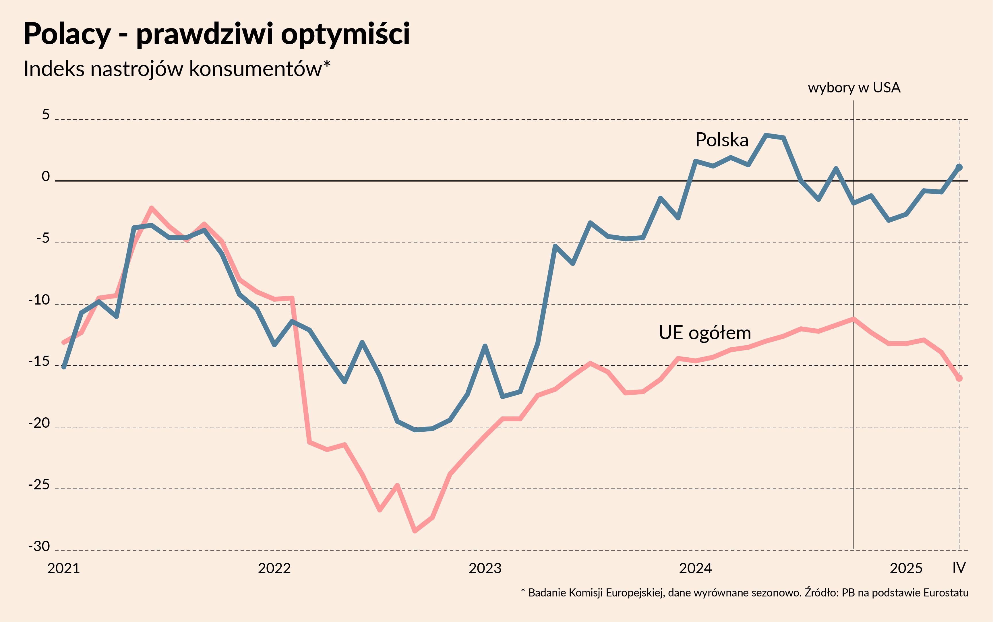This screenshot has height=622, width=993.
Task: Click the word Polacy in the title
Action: pyautogui.click(x=67, y=34)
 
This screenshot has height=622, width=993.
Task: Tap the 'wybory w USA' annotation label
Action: pyautogui.click(x=854, y=88)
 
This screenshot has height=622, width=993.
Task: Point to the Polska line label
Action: pyautogui.click(x=721, y=140)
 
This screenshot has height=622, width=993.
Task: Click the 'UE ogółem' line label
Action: pyautogui.click(x=705, y=333)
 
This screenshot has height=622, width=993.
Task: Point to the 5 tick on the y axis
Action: pyautogui.click(x=46, y=115)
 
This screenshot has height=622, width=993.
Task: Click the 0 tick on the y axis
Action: pyautogui.click(x=46, y=177)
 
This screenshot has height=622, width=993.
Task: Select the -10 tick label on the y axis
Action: pyautogui.click(x=39, y=300)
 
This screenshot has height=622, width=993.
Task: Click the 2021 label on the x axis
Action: pyautogui.click(x=63, y=568)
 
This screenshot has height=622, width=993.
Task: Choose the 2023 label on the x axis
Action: pyautogui.click(x=485, y=568)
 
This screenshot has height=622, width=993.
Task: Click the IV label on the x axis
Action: pyautogui.click(x=959, y=568)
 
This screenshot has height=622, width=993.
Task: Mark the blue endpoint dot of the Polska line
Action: pyautogui.click(x=959, y=167)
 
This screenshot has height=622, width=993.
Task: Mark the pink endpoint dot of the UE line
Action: pyautogui.click(x=959, y=378)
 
